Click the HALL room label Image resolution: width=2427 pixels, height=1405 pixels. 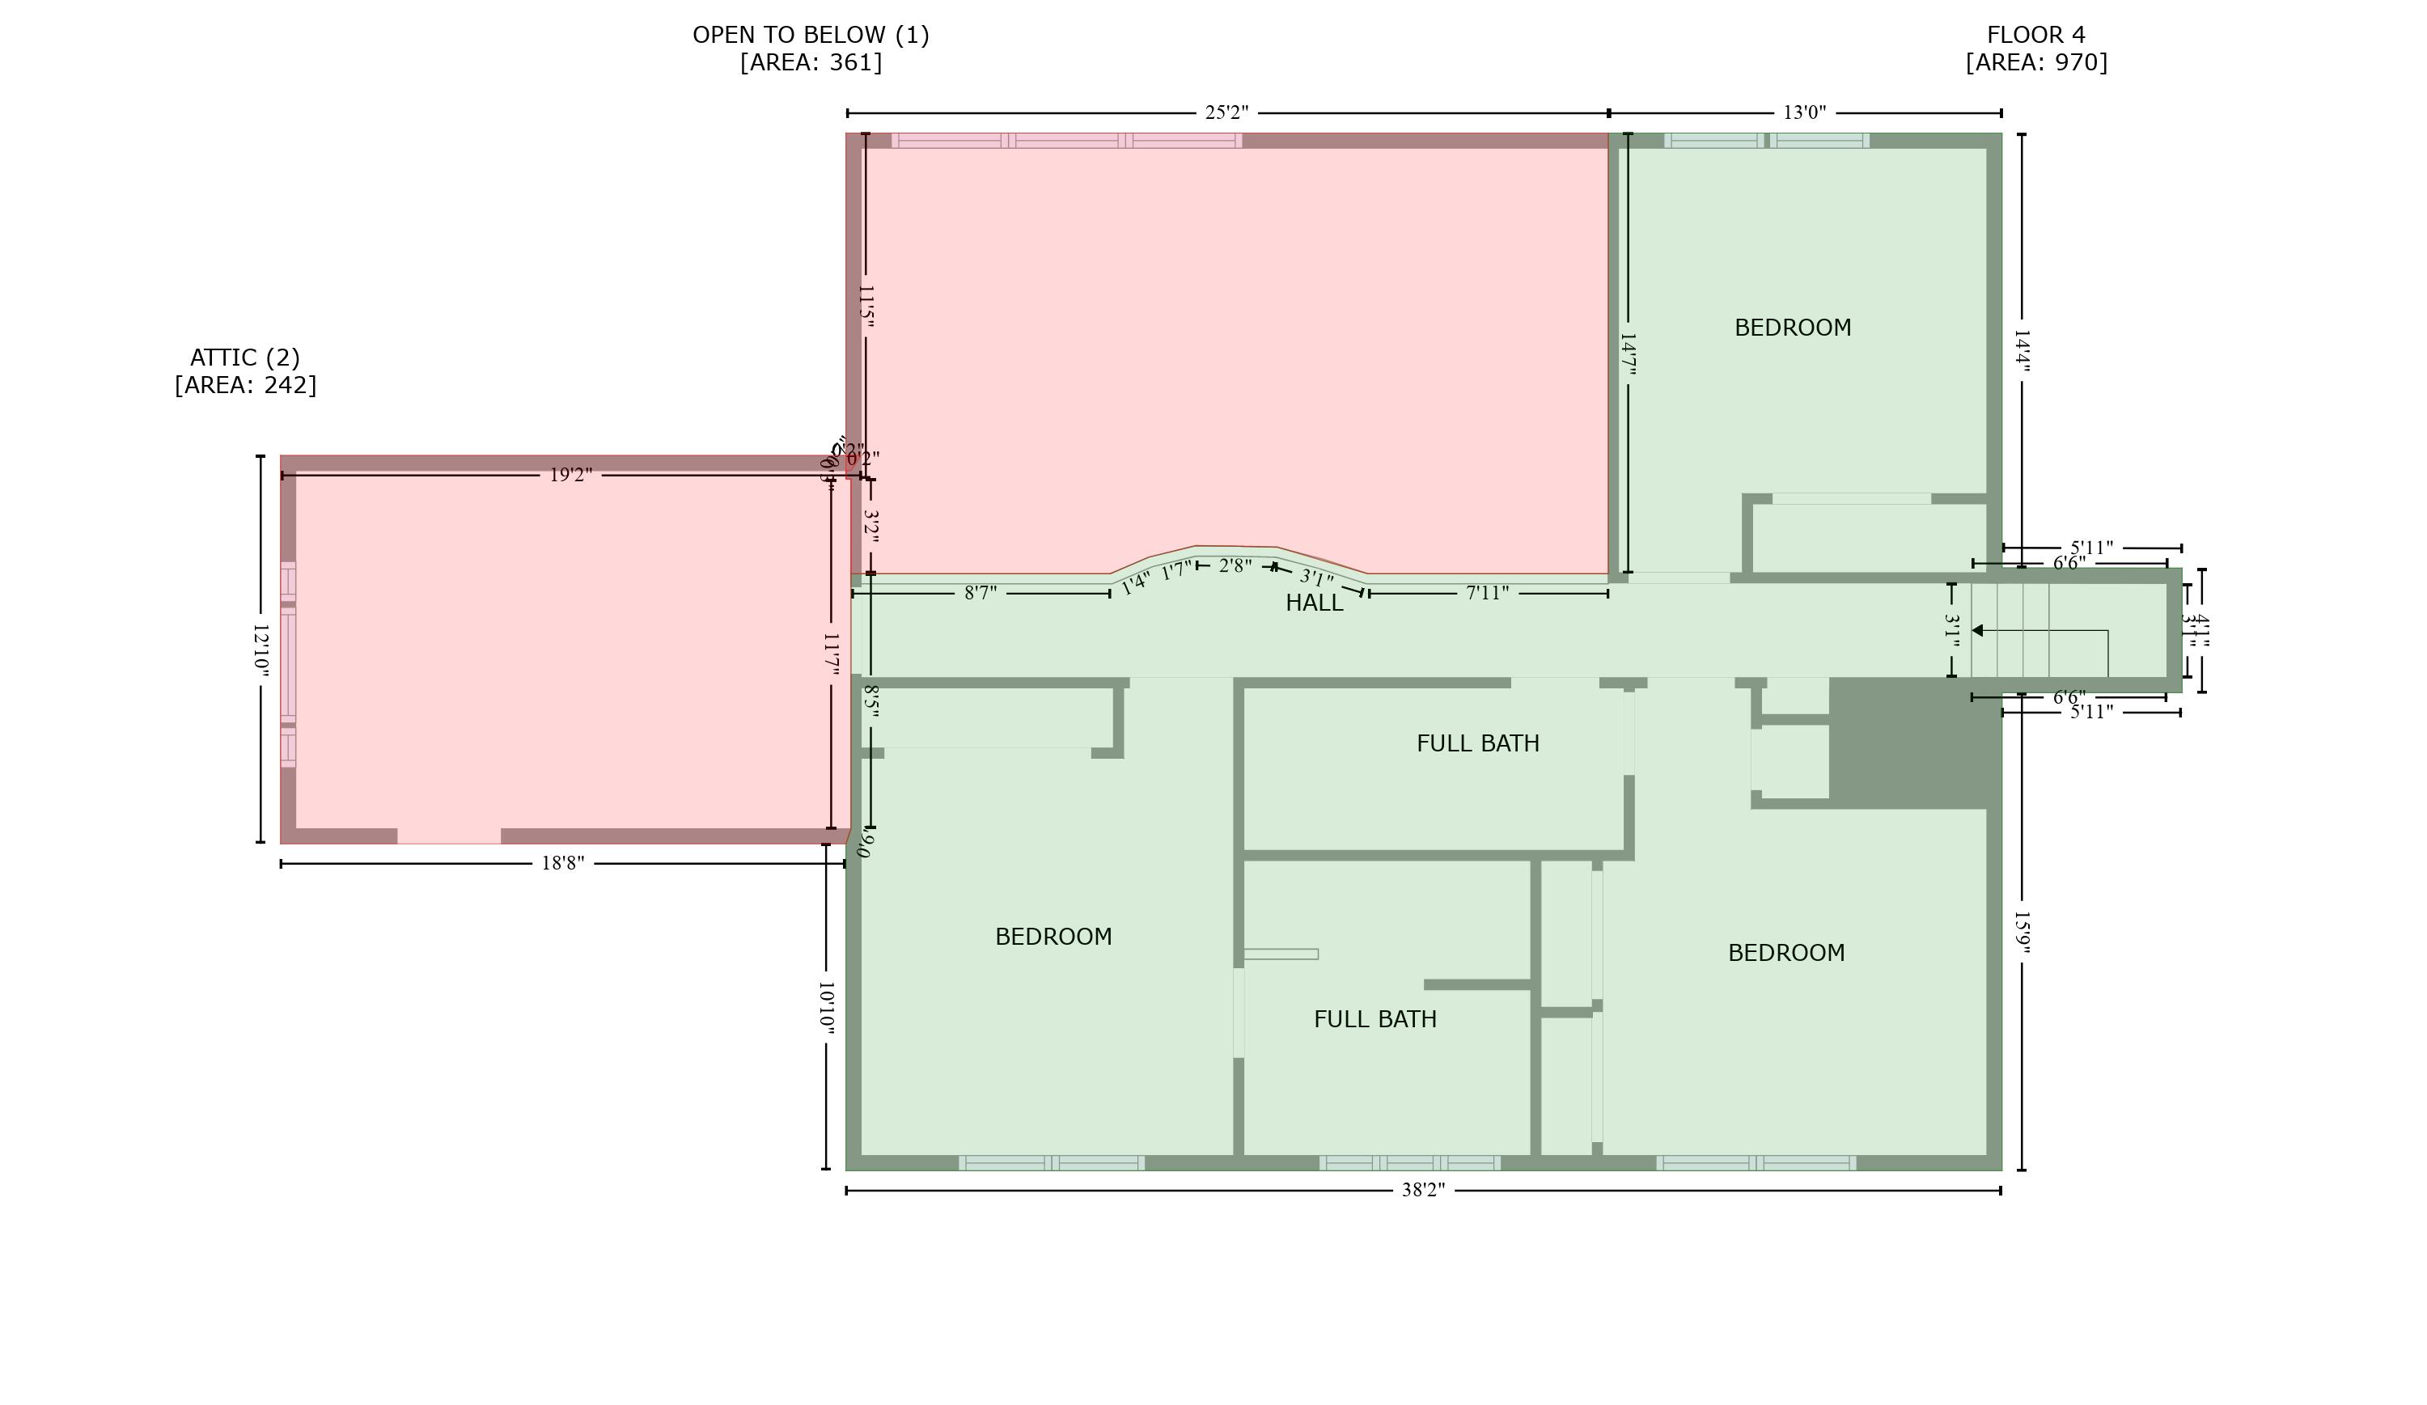1314,603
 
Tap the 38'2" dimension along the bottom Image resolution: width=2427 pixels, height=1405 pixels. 1422,1191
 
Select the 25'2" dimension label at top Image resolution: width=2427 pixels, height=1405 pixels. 1226,112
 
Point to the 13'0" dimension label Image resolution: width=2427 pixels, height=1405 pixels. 1804,112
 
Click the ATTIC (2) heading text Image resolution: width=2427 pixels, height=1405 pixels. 244,358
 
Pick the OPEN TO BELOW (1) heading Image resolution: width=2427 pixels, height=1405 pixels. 810,35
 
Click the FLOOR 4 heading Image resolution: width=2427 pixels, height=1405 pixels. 2036,35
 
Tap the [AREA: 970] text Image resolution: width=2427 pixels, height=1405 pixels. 2036,62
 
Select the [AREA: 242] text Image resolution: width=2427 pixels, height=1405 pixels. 244,385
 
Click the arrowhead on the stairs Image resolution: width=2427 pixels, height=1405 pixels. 1977,631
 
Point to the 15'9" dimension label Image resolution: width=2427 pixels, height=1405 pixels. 2022,934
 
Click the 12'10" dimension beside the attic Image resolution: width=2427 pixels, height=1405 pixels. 260,648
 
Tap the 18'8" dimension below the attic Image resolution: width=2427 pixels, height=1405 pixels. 562,863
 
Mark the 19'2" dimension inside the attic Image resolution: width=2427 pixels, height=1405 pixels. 570,475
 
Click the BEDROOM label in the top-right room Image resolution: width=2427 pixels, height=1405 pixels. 1792,328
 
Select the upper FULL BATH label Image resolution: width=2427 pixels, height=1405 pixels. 1477,743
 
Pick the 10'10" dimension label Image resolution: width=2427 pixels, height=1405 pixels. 825,1008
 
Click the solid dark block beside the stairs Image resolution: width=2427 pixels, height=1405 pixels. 1912,742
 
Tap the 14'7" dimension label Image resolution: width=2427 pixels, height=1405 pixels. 1628,354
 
